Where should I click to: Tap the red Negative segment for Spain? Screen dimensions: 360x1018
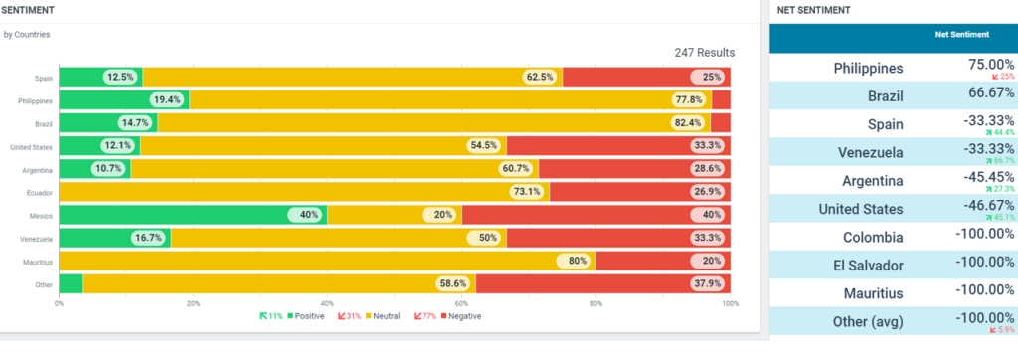point(646,77)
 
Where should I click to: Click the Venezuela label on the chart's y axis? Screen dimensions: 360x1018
point(37,239)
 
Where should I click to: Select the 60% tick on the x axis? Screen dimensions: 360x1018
point(461,304)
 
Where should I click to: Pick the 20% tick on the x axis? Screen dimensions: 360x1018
point(194,304)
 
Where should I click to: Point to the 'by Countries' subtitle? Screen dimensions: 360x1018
point(27,34)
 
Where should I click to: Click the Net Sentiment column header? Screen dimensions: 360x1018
point(961,35)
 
